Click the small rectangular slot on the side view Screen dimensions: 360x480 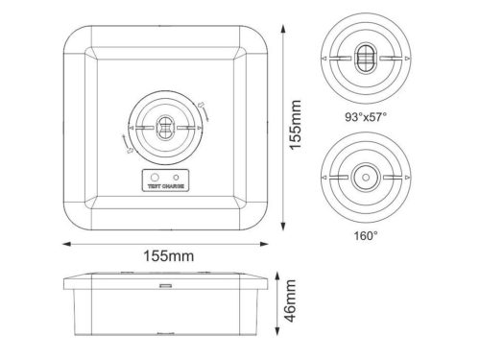164,285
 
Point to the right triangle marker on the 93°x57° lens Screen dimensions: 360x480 408,60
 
